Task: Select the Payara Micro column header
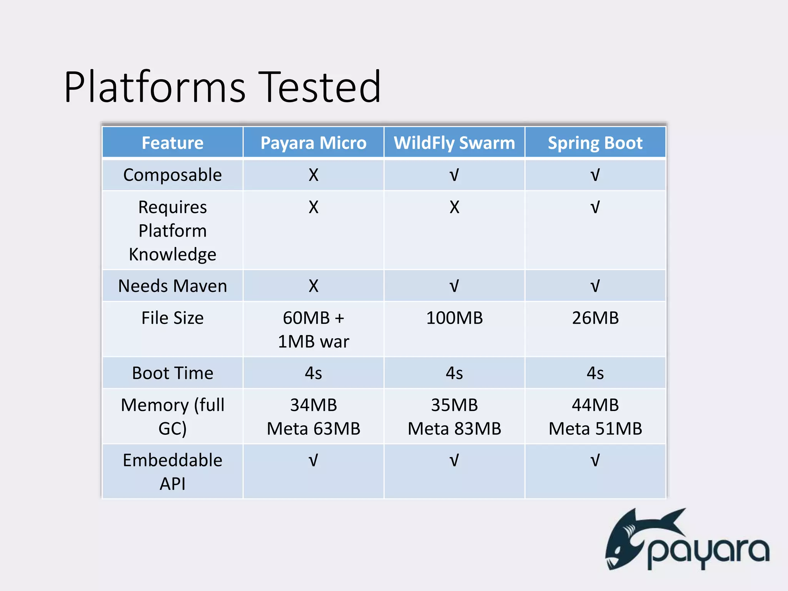[313, 143]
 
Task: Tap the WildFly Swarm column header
[454, 143]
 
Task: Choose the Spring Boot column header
[595, 143]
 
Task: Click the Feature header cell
[172, 143]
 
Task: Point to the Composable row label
[172, 175]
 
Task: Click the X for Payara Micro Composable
[313, 175]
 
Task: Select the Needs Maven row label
[172, 286]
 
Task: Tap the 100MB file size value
[454, 318]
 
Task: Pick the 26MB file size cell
[595, 318]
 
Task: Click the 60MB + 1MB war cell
[313, 330]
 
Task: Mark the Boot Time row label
[172, 373]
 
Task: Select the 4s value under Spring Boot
[595, 373]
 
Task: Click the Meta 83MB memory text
[454, 429]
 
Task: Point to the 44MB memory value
[595, 405]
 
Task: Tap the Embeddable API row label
[172, 472]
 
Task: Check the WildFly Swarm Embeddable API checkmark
[454, 460]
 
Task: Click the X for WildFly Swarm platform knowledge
[454, 207]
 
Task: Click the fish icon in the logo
[631, 539]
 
